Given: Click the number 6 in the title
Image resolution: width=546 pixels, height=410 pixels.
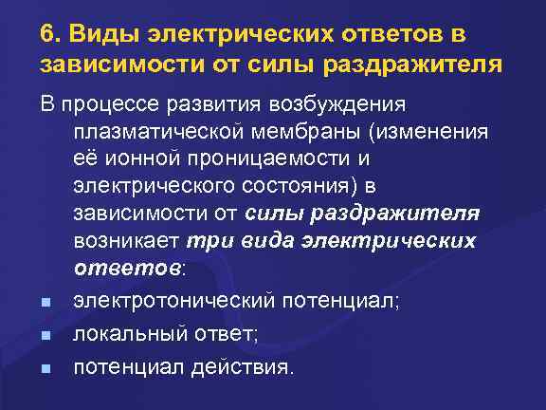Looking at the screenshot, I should pyautogui.click(x=47, y=34).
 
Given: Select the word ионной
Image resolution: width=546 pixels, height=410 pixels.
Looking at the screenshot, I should pyautogui.click(x=137, y=158).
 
